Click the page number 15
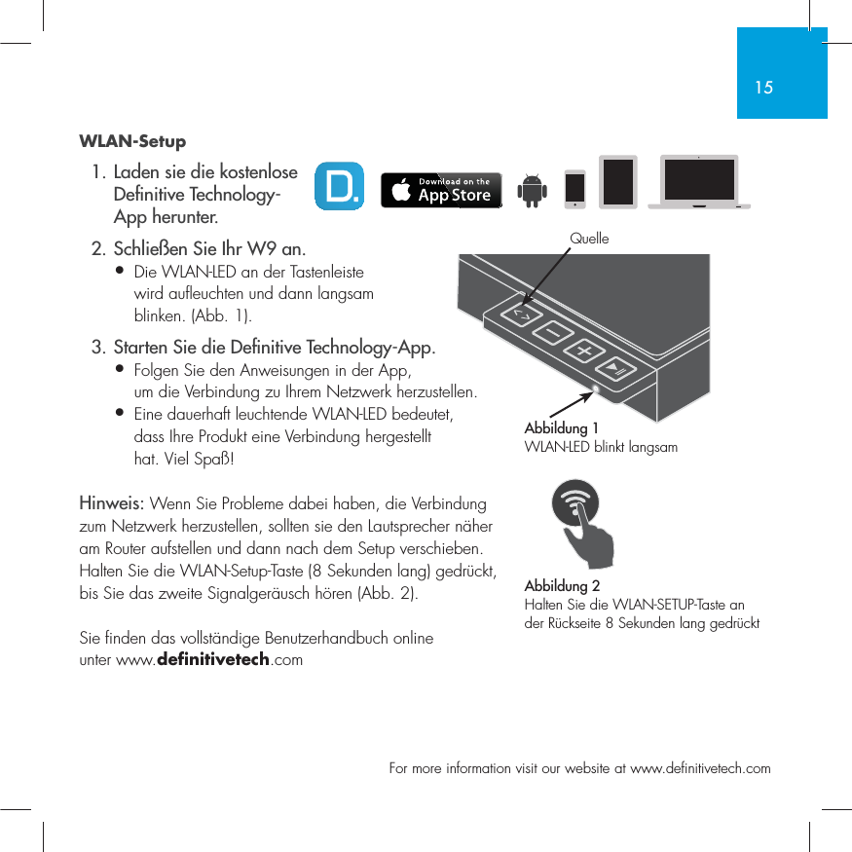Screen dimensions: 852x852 tap(763, 88)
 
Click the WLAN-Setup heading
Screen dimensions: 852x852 tap(132, 142)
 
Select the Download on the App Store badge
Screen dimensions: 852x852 tap(441, 190)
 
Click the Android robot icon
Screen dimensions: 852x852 tap(532, 190)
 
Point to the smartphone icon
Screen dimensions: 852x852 tap(575, 188)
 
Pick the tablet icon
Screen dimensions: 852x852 tap(617, 182)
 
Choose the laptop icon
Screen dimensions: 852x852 tap(699, 182)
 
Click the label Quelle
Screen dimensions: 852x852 tap(589, 239)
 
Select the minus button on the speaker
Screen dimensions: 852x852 tap(553, 334)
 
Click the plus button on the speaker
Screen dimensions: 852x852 tap(584, 352)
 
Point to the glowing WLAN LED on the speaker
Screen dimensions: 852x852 tap(597, 389)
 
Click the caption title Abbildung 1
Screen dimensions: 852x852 tap(561, 428)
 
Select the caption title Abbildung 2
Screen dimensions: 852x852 tap(562, 586)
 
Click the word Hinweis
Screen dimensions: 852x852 tap(111, 504)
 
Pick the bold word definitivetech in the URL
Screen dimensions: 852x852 tap(213, 661)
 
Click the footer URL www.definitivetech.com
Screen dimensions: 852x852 tap(700, 769)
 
